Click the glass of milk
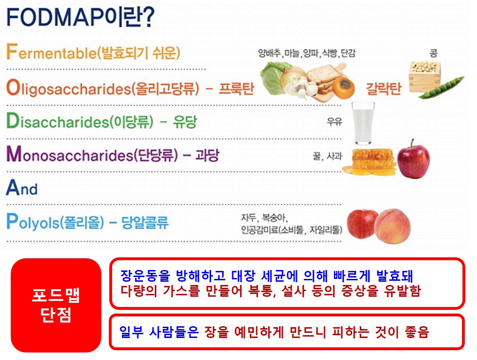(x=364, y=123)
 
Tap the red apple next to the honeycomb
(x=413, y=160)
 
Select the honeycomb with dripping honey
(x=368, y=162)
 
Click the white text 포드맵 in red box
(x=55, y=295)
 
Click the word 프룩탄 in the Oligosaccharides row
(x=236, y=89)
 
